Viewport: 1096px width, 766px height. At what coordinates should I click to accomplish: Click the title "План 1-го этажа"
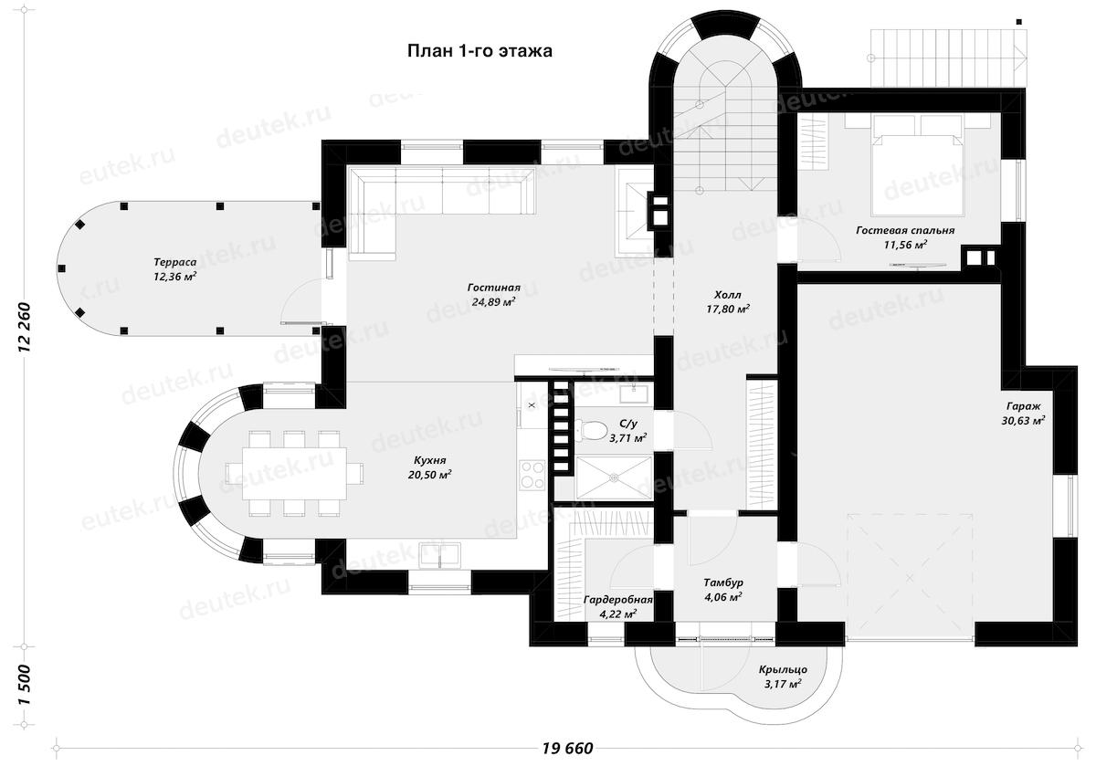click(x=479, y=51)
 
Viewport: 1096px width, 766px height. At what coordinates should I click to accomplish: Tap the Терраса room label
click(x=176, y=268)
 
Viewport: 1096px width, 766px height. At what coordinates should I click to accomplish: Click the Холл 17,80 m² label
click(x=728, y=302)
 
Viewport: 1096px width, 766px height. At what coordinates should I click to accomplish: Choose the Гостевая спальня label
click(x=905, y=237)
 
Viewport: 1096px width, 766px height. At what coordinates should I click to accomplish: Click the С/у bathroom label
click(x=628, y=431)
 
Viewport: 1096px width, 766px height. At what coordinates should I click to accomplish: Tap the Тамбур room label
click(x=722, y=589)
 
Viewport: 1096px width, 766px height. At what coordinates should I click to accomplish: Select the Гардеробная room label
click(x=617, y=606)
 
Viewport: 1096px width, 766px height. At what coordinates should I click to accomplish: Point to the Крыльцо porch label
click(x=783, y=676)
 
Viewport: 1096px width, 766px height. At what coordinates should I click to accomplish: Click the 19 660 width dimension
click(x=567, y=749)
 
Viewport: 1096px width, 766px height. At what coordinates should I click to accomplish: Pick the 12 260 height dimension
click(x=25, y=324)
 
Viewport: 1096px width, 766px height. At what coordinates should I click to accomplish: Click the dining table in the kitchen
click(x=293, y=471)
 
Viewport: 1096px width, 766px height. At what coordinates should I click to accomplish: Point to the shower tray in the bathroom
click(x=613, y=476)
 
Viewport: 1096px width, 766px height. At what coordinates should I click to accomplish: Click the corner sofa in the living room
click(x=429, y=201)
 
